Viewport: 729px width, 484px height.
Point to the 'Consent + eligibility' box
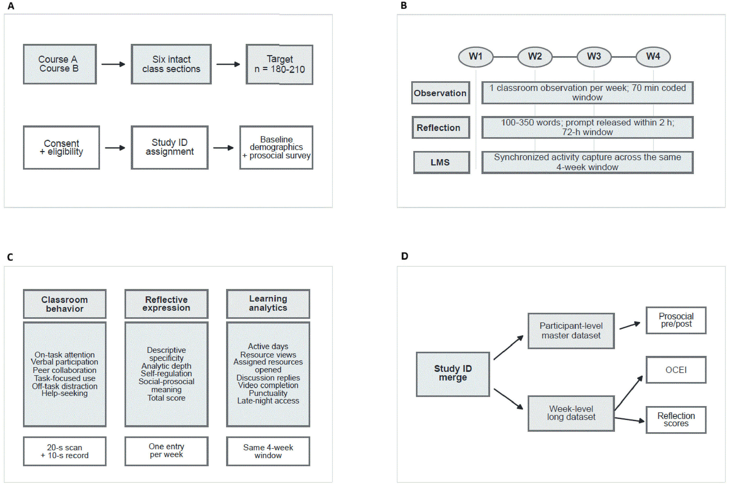pyautogui.click(x=61, y=148)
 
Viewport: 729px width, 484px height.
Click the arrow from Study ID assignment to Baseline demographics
pyautogui.click(x=224, y=148)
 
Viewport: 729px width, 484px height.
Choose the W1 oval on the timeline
pyautogui.click(x=475, y=57)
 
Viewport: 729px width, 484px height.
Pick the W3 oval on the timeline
pyautogui.click(x=594, y=57)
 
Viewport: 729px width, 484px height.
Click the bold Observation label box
pyautogui.click(x=441, y=93)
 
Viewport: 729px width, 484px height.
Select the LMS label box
pyautogui.click(x=442, y=162)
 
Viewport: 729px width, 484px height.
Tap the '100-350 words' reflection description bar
pyautogui.click(x=587, y=128)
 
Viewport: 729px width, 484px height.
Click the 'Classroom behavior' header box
pyautogui.click(x=65, y=304)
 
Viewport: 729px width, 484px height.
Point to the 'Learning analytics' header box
pyautogui.click(x=268, y=304)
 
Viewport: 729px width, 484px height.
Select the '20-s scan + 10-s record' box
pyautogui.click(x=65, y=451)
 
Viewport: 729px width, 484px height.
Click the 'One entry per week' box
pyautogui.click(x=167, y=451)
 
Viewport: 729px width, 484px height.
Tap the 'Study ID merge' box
pyautogui.click(x=453, y=374)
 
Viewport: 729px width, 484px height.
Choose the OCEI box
pyautogui.click(x=676, y=370)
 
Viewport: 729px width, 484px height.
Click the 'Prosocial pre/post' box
pyautogui.click(x=676, y=320)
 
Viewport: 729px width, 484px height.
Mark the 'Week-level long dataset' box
pyautogui.click(x=571, y=413)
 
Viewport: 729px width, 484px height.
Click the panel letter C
pyautogui.click(x=10, y=257)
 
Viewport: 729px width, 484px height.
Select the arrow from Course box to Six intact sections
pyautogui.click(x=113, y=64)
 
